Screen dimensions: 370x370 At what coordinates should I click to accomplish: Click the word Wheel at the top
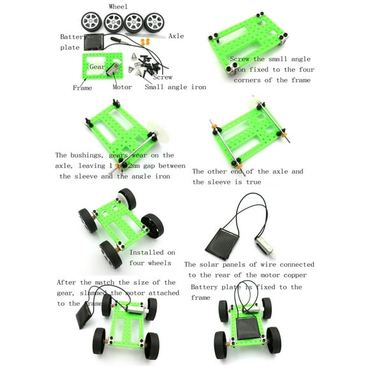click(118, 6)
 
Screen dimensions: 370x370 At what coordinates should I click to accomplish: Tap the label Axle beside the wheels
click(176, 36)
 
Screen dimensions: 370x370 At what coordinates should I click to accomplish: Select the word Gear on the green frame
click(98, 66)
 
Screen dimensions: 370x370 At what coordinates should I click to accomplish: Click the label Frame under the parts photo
click(82, 87)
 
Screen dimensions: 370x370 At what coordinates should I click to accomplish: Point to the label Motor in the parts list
click(122, 87)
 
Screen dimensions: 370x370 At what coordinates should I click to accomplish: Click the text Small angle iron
click(175, 87)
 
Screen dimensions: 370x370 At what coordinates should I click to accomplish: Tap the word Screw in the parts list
click(162, 77)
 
